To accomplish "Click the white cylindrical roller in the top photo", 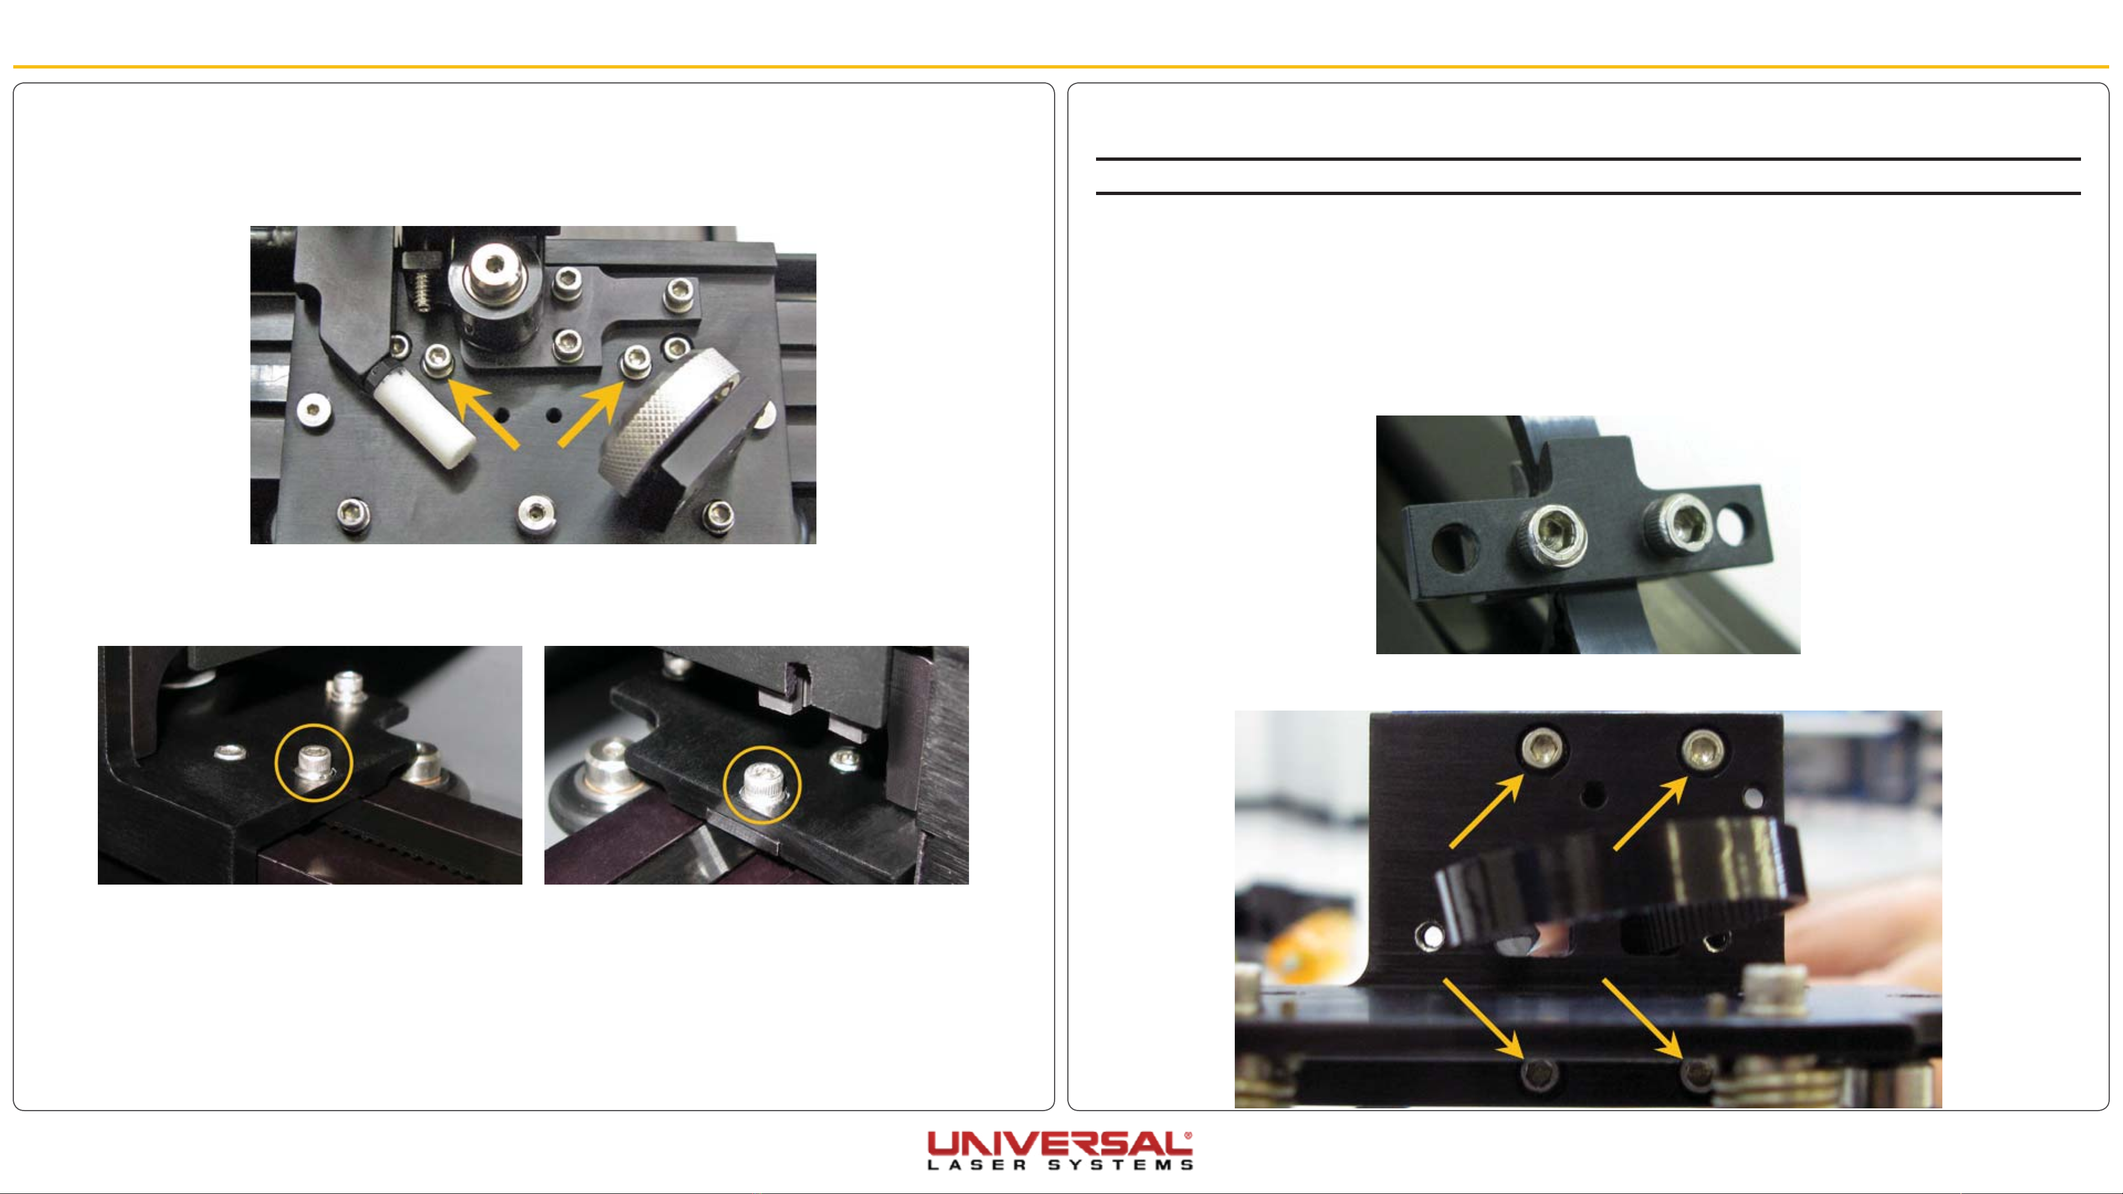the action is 423,419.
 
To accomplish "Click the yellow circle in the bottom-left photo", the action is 313,763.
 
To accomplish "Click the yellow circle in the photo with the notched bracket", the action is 762,785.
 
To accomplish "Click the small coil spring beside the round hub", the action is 422,291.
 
